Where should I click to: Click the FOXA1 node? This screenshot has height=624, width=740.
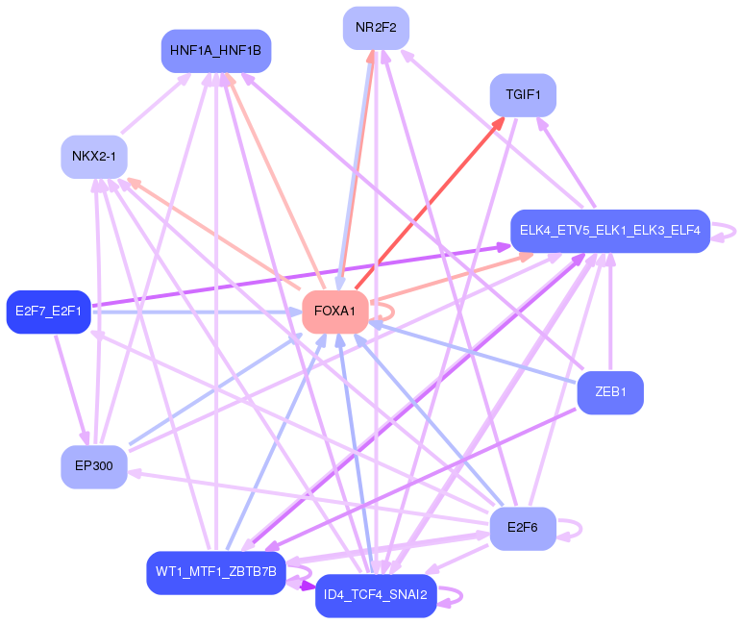click(335, 312)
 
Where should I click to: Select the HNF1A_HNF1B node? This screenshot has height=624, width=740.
click(215, 50)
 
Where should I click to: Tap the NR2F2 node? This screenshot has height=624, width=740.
click(376, 27)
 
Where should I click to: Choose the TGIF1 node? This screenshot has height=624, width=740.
click(523, 95)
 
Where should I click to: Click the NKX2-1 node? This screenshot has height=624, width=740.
click(94, 157)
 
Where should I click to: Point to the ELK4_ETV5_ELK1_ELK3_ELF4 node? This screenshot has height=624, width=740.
click(609, 231)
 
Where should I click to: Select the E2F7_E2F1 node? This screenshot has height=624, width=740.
click(48, 312)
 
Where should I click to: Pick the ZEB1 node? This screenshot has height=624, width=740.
click(609, 392)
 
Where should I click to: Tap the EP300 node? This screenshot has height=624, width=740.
click(93, 466)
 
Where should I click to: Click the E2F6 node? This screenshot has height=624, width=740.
click(522, 528)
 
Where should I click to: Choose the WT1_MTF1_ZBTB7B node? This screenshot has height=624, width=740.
click(215, 572)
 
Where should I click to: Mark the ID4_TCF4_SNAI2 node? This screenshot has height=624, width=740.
click(376, 596)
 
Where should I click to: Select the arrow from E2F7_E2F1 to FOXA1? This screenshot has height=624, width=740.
click(192, 312)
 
